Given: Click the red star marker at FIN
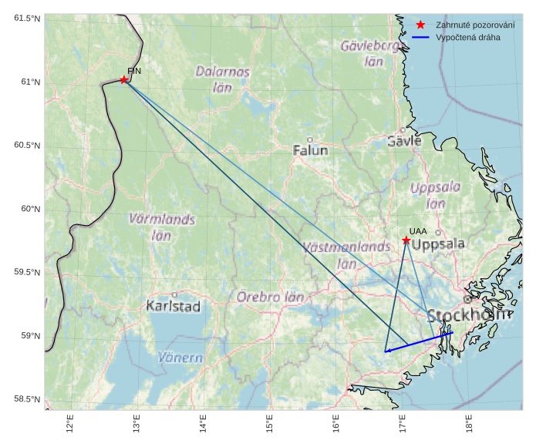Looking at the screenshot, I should click(x=123, y=79).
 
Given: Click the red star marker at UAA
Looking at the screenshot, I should click(x=406, y=240).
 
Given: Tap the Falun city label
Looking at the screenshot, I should click(x=311, y=150).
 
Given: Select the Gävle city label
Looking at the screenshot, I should click(x=404, y=141).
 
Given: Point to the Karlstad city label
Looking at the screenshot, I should click(x=174, y=306).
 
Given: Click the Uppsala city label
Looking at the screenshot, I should click(x=438, y=244).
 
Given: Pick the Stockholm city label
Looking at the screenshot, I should click(x=467, y=315).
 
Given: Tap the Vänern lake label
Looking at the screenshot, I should click(x=180, y=358).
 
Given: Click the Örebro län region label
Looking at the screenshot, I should click(x=270, y=297).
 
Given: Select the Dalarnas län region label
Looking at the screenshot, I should click(x=222, y=79).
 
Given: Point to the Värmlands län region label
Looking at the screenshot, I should click(x=162, y=227).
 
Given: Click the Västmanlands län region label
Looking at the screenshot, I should click(x=347, y=254).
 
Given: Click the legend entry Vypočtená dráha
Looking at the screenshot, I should click(x=467, y=37).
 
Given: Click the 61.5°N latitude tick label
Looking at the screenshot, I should click(x=26, y=18).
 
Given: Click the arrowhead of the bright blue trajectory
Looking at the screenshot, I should click(x=386, y=351).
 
